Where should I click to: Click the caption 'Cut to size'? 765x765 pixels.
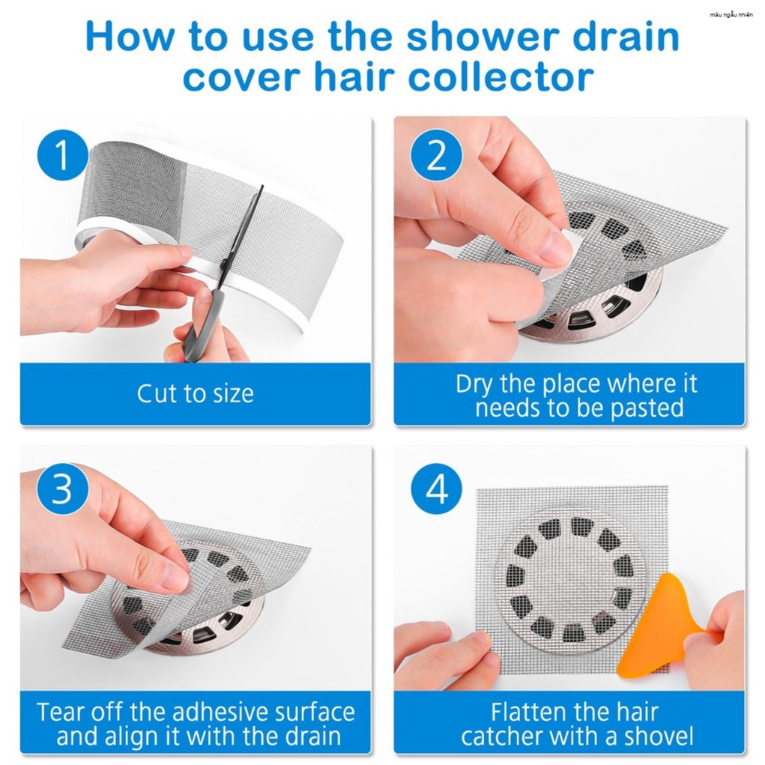click(x=195, y=393)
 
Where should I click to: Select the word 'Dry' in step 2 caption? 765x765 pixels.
click(x=475, y=385)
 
